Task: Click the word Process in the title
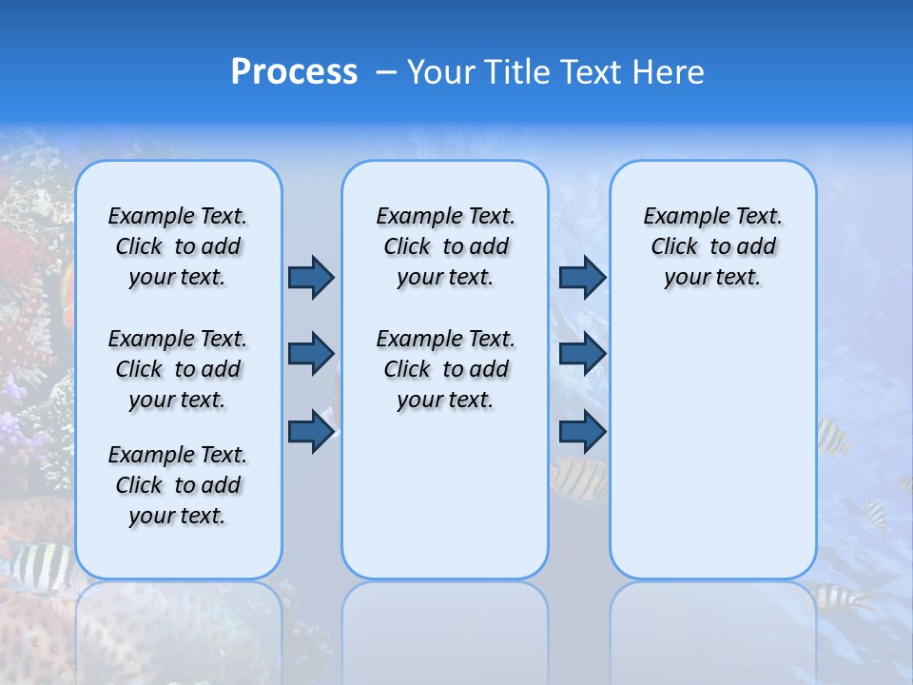294,72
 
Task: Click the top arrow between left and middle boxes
311,278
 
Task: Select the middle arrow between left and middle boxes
311,354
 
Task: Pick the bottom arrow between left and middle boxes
311,432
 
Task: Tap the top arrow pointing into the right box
582,278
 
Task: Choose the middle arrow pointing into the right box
582,354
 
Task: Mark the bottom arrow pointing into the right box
582,432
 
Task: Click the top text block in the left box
178,246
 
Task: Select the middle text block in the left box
178,369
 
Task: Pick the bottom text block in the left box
178,485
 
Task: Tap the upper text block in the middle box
445,246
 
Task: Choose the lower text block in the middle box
445,369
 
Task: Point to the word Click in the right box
674,247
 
